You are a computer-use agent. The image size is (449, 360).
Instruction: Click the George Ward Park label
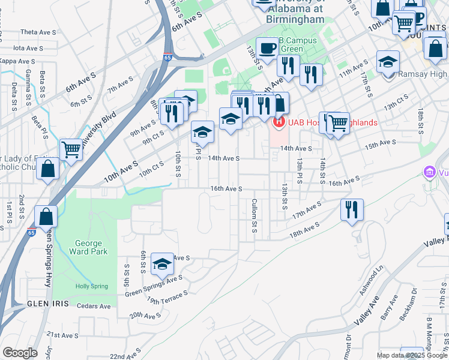[x=91, y=247]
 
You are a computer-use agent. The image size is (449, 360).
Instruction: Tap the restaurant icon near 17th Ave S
[x=351, y=209]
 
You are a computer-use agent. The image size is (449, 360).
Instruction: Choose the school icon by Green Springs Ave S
[x=162, y=263]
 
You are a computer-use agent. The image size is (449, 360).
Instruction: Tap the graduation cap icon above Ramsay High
[x=388, y=61]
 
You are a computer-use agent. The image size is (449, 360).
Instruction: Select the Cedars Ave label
[x=94, y=306]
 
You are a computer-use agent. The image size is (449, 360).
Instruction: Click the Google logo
[x=19, y=353]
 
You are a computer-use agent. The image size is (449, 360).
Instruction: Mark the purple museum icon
[x=429, y=173]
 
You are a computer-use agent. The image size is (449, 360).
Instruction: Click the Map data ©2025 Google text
[x=412, y=355]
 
